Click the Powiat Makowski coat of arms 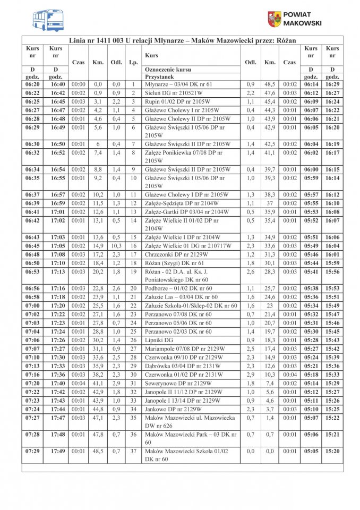[274, 19]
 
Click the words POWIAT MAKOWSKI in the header [302, 19]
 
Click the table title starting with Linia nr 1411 [182, 40]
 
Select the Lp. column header [133, 62]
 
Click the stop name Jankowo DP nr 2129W [173, 409]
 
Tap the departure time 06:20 [32, 84]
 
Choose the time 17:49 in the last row [57, 451]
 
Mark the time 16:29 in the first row [332, 84]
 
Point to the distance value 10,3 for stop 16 [116, 245]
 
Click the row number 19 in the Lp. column [133, 271]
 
